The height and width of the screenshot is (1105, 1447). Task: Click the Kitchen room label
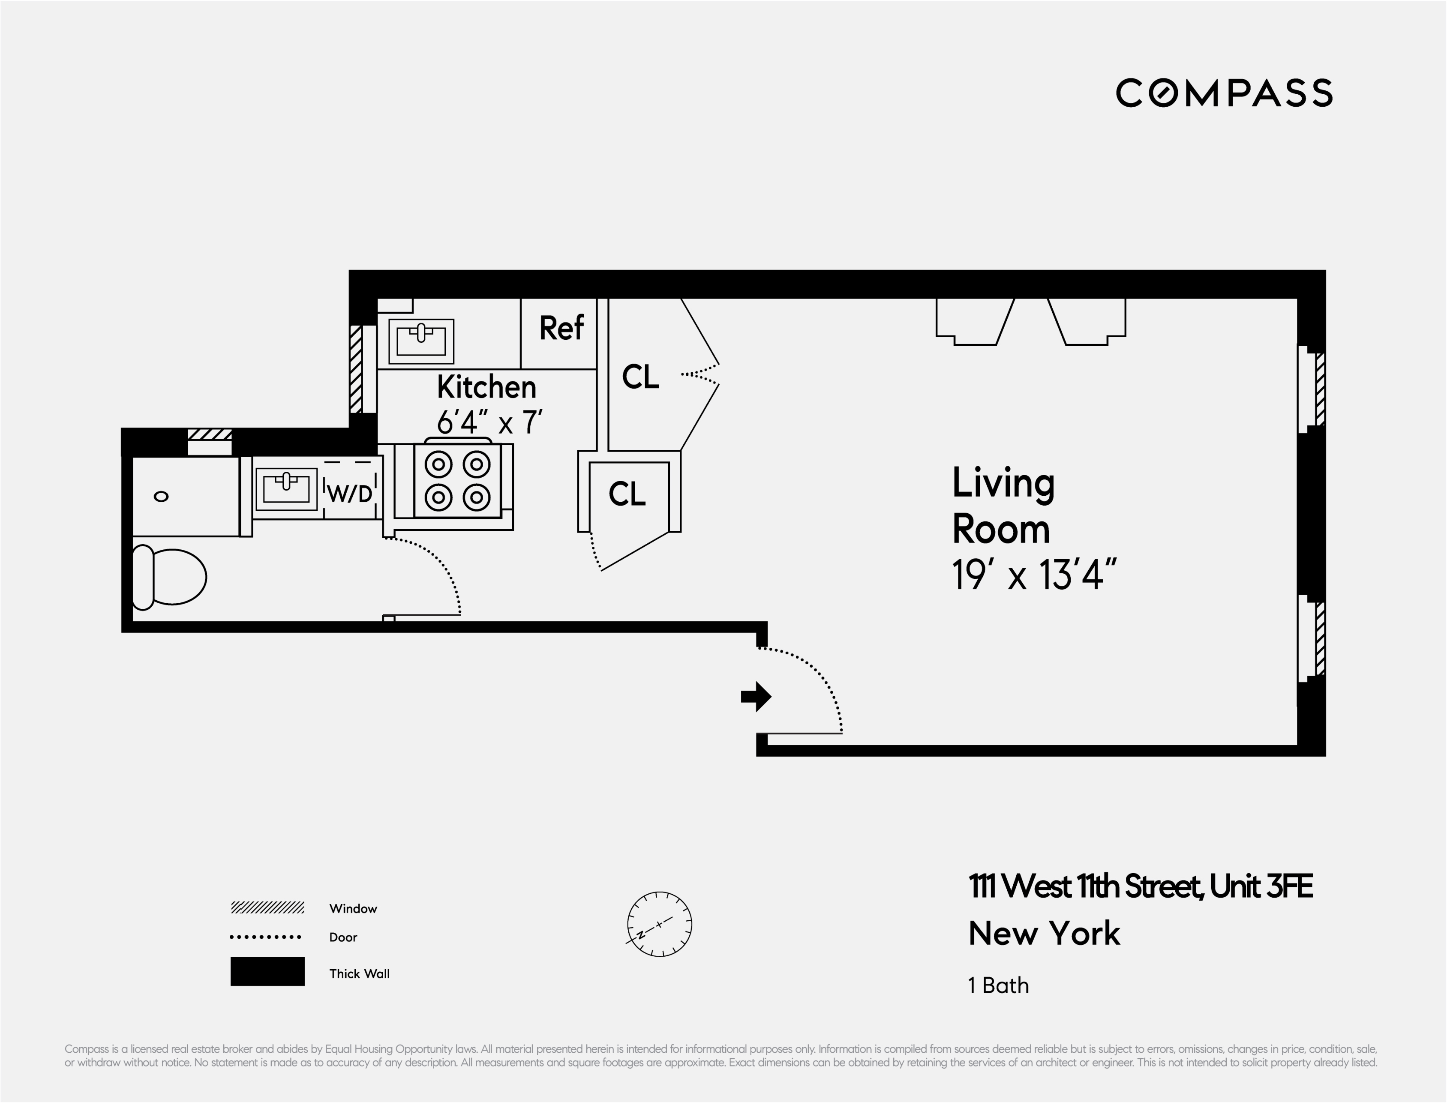click(x=486, y=387)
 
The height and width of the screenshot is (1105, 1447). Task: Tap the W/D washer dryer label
click(x=349, y=493)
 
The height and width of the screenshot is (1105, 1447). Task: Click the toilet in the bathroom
click(x=170, y=577)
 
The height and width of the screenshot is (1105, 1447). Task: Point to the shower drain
click(x=161, y=497)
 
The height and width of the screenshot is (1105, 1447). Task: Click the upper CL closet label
click(x=640, y=377)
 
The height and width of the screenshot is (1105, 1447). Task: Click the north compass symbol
click(x=659, y=924)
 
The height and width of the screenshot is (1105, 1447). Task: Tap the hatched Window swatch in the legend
click(x=267, y=907)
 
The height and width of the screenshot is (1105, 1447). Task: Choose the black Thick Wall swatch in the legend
click(x=267, y=971)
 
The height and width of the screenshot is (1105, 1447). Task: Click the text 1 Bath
click(x=998, y=985)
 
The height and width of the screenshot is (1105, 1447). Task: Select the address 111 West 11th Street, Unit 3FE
click(x=1141, y=886)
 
